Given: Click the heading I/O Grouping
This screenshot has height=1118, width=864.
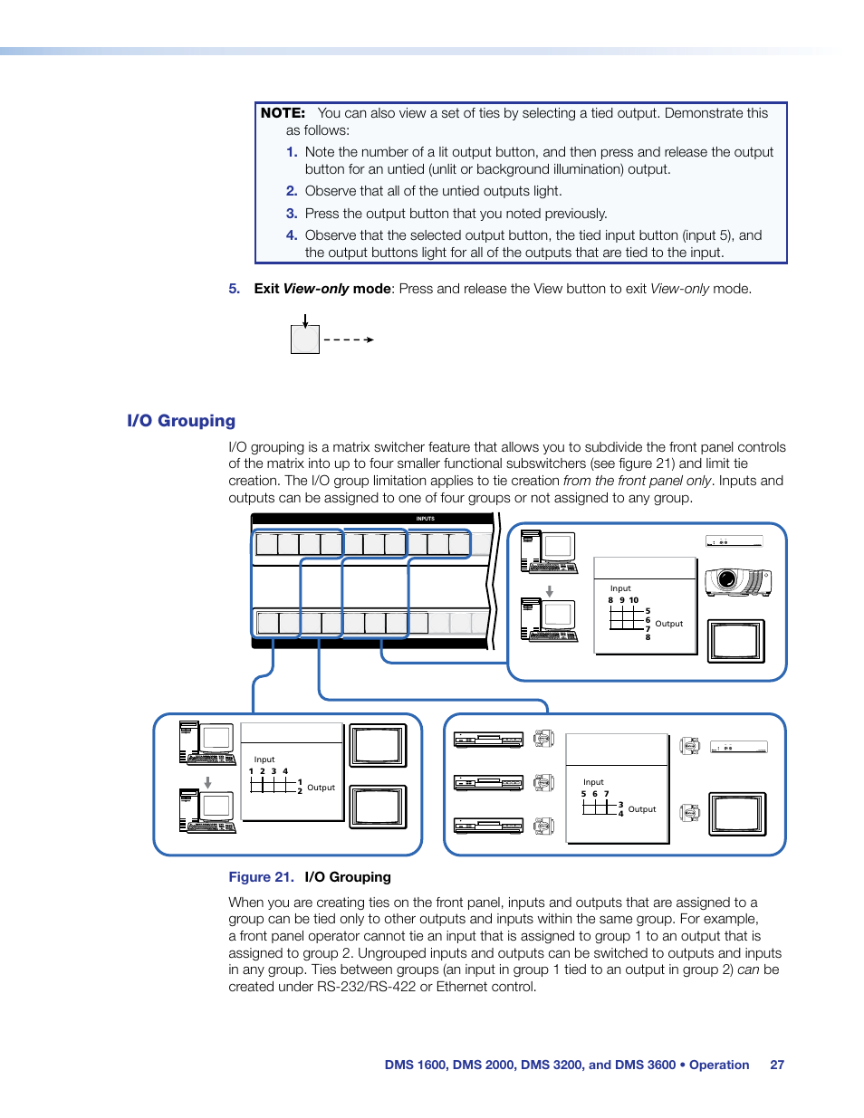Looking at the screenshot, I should coord(181,421).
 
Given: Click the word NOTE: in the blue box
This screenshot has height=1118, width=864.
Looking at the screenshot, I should coord(283,113).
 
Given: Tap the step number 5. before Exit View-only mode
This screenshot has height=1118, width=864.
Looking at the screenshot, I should coord(234,289).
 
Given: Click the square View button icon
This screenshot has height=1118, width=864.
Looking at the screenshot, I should coord(305,339).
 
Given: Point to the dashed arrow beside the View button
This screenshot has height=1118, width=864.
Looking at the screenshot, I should coord(349,339).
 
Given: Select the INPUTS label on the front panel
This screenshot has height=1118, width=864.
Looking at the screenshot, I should coord(425,519).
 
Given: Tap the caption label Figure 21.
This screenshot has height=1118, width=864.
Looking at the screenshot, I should coord(261,877).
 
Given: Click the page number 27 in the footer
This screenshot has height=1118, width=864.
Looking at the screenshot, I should coord(777,1065).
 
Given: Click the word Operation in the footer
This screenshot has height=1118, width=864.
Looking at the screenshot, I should coord(719,1065).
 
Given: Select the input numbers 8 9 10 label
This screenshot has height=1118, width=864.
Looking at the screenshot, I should coord(623,600).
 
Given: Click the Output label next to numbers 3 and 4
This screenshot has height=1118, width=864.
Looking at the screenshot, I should coord(642,809).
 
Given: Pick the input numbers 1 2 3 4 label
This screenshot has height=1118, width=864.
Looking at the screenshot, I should coord(268,771).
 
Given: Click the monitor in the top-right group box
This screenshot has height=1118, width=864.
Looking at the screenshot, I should coord(735,641).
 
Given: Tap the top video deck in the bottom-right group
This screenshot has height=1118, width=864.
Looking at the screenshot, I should coord(489,740).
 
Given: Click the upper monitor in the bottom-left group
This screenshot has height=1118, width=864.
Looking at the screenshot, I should coord(378,746).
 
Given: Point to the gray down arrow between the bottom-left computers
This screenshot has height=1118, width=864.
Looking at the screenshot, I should coord(207,782).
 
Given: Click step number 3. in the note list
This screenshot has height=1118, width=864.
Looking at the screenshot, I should coord(292,214).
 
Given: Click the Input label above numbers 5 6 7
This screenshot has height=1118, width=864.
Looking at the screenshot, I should coord(593,782).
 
